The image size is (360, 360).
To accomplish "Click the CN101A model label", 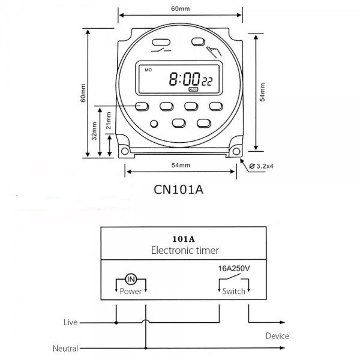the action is click(x=178, y=190).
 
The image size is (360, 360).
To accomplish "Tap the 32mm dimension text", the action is click(x=94, y=131).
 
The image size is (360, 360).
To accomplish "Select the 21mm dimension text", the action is click(x=109, y=121).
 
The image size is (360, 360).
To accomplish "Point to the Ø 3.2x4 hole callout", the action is click(x=261, y=166).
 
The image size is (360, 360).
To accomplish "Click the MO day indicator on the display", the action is click(x=148, y=70).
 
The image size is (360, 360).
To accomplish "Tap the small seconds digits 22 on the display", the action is click(x=207, y=82).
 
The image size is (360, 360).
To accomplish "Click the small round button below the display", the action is click(x=154, y=124).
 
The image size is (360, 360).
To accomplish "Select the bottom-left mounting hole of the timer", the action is click(x=125, y=151).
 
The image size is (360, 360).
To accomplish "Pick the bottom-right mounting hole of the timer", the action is click(x=236, y=151).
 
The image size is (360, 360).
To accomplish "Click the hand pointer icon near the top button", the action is click(x=214, y=52).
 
